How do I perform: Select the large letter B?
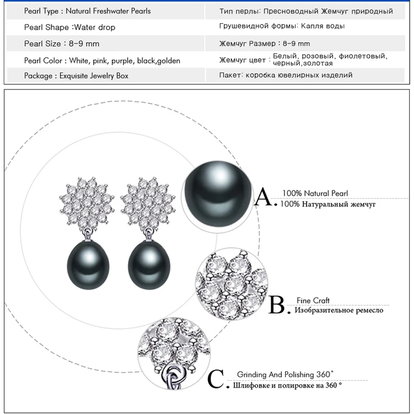tap(278, 305)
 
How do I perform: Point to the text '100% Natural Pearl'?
tap(315, 194)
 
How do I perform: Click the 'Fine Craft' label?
tap(313, 300)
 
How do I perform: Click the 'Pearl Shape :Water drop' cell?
tap(70, 27)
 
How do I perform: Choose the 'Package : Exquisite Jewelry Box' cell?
tap(76, 76)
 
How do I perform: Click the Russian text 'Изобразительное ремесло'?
tap(338, 310)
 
